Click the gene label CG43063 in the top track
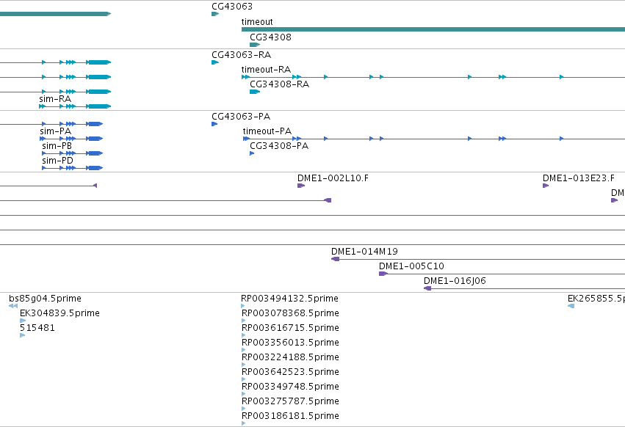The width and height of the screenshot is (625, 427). click(232, 7)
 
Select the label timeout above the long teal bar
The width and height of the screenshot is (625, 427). click(257, 22)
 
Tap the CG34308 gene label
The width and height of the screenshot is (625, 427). click(271, 37)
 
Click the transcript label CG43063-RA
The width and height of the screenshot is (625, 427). click(241, 55)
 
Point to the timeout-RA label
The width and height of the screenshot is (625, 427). click(266, 70)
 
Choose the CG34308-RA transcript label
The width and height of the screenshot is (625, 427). click(279, 84)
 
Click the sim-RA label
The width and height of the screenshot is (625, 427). click(55, 99)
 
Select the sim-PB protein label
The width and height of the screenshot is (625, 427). click(57, 146)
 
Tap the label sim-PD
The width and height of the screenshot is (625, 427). click(57, 161)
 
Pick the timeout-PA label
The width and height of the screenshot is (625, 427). click(267, 131)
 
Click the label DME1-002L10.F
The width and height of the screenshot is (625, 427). click(333, 178)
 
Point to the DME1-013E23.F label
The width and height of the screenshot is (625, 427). click(579, 178)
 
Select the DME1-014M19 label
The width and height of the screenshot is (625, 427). click(364, 252)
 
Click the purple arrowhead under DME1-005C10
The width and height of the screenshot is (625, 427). click(383, 274)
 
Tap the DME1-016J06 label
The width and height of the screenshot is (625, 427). click(455, 281)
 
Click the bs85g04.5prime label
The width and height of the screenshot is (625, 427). click(45, 299)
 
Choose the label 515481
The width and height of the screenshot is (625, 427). click(37, 328)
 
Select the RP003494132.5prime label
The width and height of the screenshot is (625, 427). click(289, 299)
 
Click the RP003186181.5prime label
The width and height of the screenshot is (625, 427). click(290, 416)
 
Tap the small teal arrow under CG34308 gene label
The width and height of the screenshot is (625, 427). click(255, 45)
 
